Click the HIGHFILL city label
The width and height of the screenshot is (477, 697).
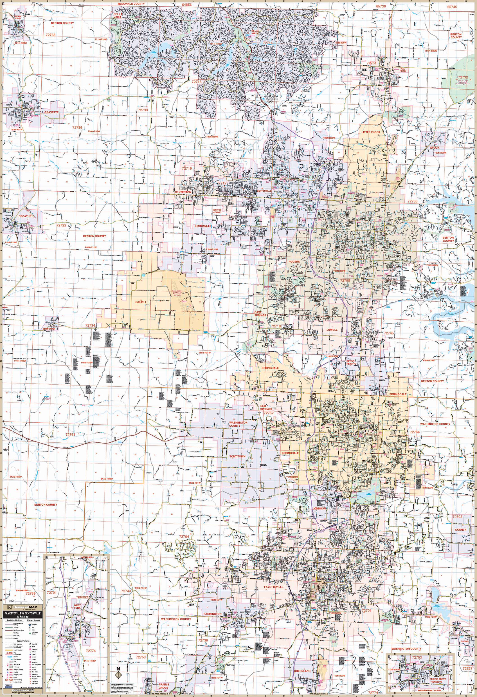tap(140, 303)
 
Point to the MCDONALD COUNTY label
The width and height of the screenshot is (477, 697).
tap(131, 4)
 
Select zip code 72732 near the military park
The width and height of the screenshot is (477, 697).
tap(463, 77)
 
